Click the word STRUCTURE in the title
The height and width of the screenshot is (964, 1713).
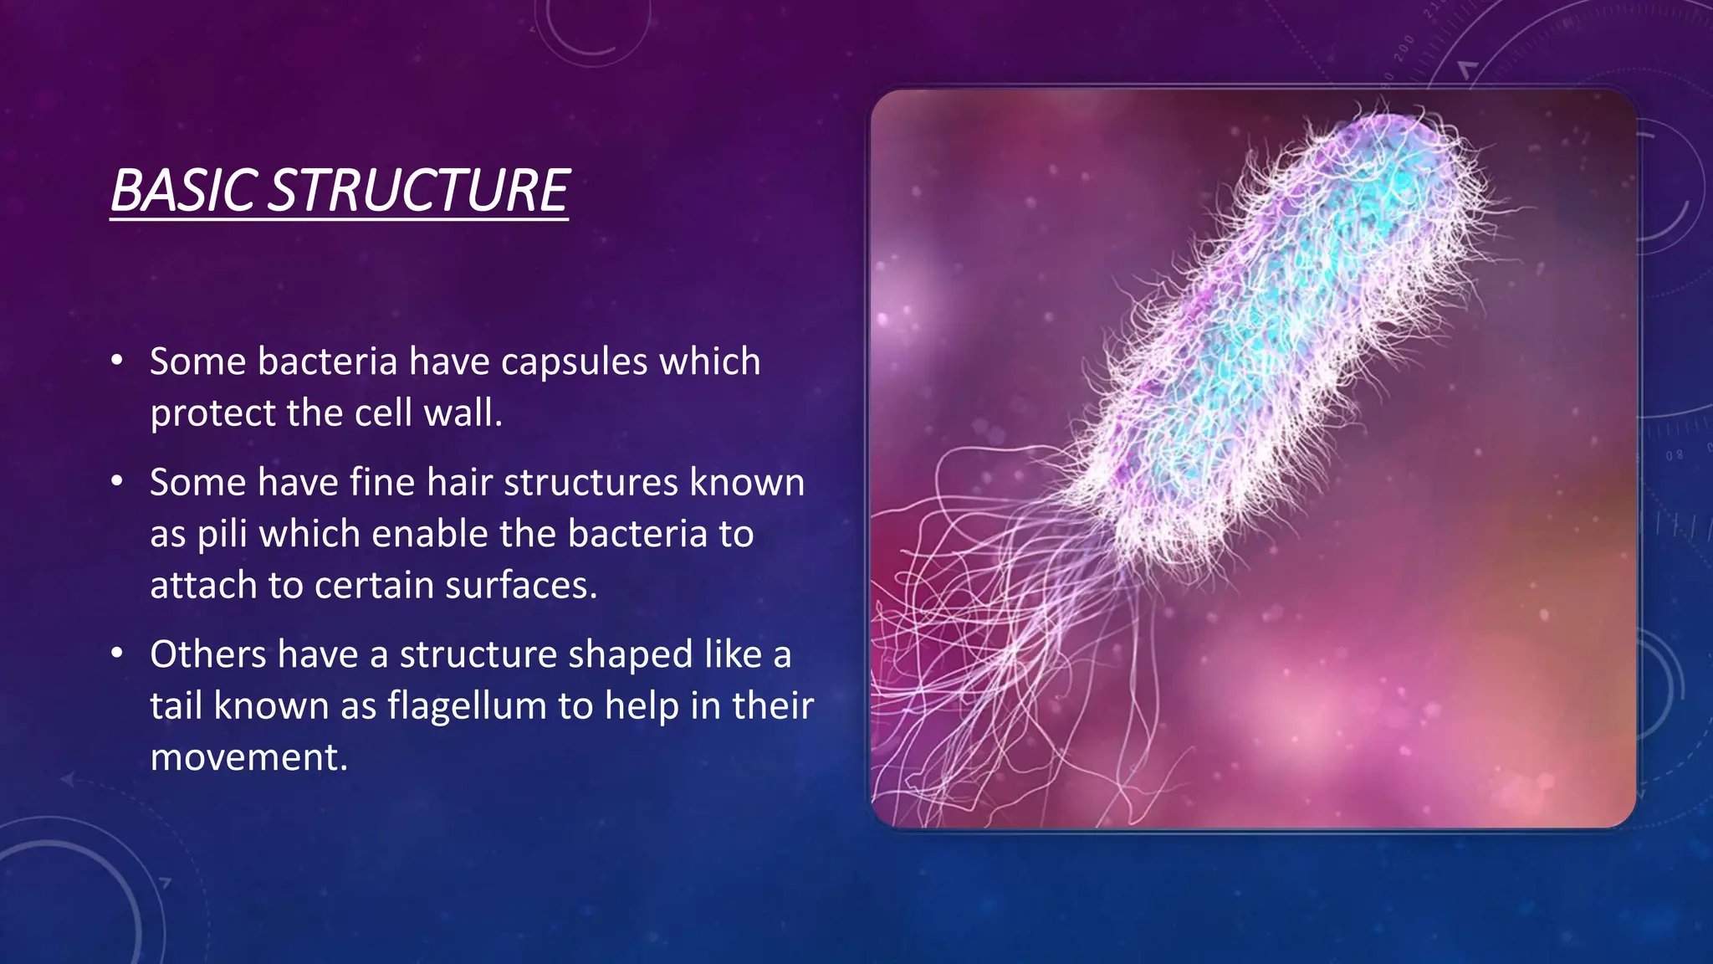pyautogui.click(x=421, y=191)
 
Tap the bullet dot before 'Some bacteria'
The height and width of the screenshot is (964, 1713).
pyautogui.click(x=117, y=361)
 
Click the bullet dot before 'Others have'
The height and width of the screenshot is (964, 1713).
pyautogui.click(x=117, y=654)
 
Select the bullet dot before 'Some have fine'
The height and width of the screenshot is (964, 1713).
pyautogui.click(x=117, y=482)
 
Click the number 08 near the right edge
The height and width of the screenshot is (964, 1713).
pyautogui.click(x=1674, y=455)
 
